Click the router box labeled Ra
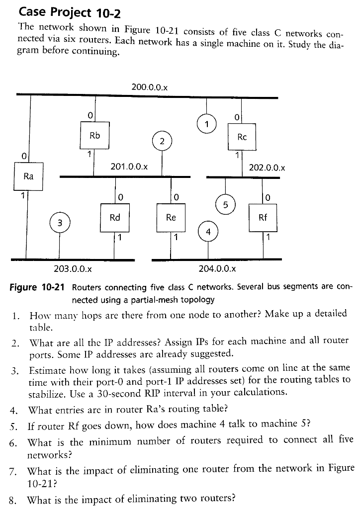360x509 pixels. (29, 176)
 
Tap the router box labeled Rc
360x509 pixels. (242, 137)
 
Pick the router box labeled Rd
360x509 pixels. (115, 218)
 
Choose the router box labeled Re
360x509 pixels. (171, 218)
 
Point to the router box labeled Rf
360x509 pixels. (263, 218)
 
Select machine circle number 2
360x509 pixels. (162, 141)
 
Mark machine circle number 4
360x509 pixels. (208, 232)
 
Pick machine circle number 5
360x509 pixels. (226, 204)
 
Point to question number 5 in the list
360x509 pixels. (14, 425)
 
